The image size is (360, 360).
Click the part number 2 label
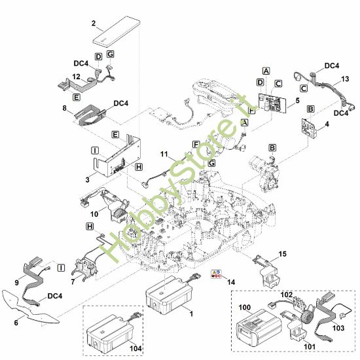[94, 24]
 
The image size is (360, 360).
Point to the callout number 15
[282, 253]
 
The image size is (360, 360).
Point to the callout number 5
[297, 101]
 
